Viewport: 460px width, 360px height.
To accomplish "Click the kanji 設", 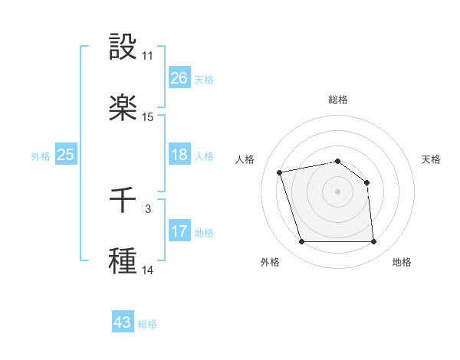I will (123, 47).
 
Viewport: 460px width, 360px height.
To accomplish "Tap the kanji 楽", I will (123, 108).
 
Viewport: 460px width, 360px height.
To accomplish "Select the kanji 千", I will (123, 200).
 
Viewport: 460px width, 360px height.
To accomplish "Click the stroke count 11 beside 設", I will (148, 56).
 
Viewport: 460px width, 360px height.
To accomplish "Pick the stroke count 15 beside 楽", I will (148, 117).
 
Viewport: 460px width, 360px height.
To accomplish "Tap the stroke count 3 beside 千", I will (148, 208).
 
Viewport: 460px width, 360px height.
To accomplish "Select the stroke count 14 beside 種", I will (148, 270).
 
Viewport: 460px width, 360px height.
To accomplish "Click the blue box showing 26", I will (179, 78).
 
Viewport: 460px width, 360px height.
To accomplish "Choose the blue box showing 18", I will (179, 155).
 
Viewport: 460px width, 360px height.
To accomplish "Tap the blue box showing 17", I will (179, 231).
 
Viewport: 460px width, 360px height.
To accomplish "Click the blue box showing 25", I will (66, 155).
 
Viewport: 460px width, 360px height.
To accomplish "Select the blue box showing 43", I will (123, 322).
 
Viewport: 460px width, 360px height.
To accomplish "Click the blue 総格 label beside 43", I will (147, 324).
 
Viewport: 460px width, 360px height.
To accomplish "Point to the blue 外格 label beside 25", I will (41, 156).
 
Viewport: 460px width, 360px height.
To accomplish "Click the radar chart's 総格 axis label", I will (338, 100).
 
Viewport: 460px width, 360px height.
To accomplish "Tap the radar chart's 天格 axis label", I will (431, 159).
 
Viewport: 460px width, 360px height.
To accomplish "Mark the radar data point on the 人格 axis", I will (280, 172).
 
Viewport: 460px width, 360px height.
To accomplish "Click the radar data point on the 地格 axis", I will (373, 242).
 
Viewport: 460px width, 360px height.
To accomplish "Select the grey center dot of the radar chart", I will (338, 191).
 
